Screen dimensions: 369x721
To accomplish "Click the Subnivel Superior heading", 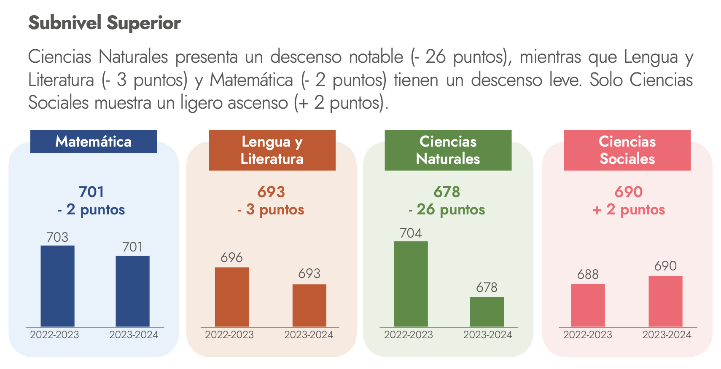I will [105, 23].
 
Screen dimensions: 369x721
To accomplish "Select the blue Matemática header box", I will [93, 142].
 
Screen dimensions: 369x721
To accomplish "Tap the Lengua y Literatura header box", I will [272, 150].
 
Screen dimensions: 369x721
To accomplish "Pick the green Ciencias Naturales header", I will [448, 150].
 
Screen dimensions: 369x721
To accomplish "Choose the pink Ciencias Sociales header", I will [627, 150].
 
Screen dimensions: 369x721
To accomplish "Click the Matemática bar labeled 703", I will [57, 286].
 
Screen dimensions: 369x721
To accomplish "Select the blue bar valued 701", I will [132, 291].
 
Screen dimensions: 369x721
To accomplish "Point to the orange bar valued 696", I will [231, 297].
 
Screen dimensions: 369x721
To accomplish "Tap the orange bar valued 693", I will [309, 305].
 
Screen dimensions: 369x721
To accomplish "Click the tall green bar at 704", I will [411, 284].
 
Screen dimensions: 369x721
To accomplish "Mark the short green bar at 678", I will [487, 312].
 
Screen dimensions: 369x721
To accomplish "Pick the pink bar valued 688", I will [588, 305].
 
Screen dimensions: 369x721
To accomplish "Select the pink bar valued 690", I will [665, 301].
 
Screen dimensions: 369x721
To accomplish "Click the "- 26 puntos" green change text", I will [447, 209].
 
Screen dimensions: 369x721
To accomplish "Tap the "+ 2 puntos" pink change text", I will [628, 209].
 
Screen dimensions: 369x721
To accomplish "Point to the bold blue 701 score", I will [91, 192].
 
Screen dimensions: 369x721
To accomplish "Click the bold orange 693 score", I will [271, 192].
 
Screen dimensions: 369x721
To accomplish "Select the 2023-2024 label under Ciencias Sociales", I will [667, 335].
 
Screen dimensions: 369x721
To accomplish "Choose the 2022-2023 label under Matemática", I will [54, 335].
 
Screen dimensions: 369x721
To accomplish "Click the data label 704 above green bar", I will [411, 233].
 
